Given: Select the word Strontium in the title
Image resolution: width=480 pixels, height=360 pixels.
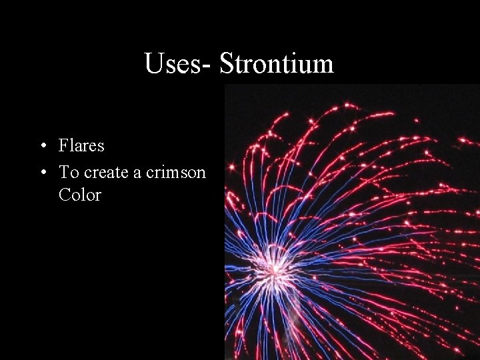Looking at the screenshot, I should click(277, 64).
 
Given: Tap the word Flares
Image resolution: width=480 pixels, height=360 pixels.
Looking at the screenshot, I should click(81, 145).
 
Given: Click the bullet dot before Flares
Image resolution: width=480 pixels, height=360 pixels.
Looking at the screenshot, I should click(42, 146).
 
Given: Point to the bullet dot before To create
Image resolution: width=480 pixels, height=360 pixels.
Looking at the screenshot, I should click(42, 173).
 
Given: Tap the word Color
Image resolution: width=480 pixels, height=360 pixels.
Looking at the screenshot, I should click(79, 195).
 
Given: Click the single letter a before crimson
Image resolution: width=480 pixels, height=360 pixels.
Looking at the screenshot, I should click(137, 173).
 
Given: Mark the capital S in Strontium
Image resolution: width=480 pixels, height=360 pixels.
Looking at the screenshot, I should click(227, 64).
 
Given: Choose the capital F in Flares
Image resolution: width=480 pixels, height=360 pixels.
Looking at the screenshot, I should click(63, 145).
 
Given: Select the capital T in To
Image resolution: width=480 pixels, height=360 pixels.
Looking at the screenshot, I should click(64, 172).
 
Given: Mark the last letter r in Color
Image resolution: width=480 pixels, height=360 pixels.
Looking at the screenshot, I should click(97, 197).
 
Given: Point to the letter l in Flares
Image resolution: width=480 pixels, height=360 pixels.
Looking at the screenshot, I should click(71, 145).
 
